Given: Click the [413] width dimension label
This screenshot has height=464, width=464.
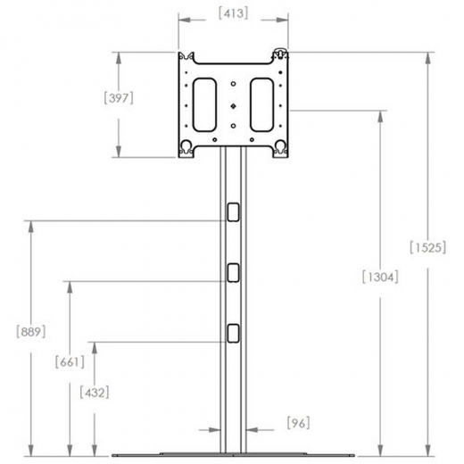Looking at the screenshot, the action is tap(233, 13).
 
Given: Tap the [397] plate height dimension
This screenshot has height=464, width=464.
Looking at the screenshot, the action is tap(119, 98).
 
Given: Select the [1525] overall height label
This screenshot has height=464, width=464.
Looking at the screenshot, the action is tap(427, 247).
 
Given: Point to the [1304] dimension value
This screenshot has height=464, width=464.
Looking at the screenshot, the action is tap(380, 278).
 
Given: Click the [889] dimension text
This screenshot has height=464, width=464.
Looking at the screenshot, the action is tap(31, 332).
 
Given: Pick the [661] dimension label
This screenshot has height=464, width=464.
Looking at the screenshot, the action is tap(70, 362).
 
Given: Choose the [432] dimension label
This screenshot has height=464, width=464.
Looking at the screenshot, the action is tap(95, 393).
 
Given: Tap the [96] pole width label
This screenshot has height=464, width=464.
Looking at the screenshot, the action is tap(298, 423).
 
